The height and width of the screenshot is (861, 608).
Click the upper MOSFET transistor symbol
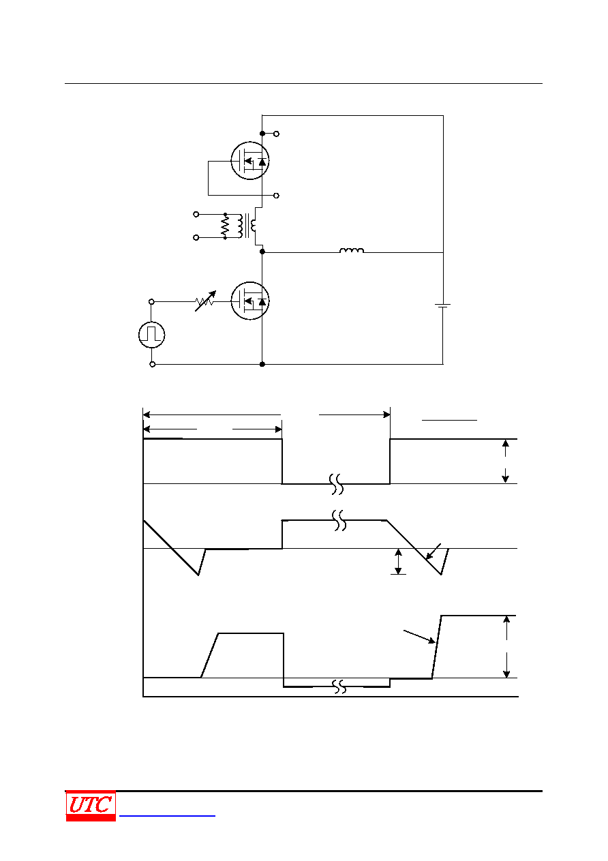pyautogui.click(x=249, y=160)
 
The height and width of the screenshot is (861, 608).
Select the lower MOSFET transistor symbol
pyautogui.click(x=249, y=301)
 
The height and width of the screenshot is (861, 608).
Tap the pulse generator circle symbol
pyautogui.click(x=152, y=335)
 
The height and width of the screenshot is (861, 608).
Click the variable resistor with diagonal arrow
pyautogui.click(x=206, y=301)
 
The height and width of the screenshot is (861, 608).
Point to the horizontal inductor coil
pyautogui.click(x=352, y=251)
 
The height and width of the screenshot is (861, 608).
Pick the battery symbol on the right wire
pyautogui.click(x=443, y=305)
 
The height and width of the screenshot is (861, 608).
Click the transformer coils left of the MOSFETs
pyautogui.click(x=246, y=226)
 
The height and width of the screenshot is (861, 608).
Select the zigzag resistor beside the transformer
pyautogui.click(x=225, y=226)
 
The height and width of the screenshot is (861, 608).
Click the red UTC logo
pyautogui.click(x=91, y=806)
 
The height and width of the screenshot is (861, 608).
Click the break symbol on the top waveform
pyautogui.click(x=336, y=484)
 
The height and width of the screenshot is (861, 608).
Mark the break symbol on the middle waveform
pyautogui.click(x=339, y=520)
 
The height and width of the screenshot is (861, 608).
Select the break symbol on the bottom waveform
pyautogui.click(x=339, y=686)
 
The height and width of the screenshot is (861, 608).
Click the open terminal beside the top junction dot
pyautogui.click(x=276, y=134)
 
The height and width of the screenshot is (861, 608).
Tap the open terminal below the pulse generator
pyautogui.click(x=152, y=365)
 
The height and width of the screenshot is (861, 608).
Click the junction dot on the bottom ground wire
pyautogui.click(x=262, y=365)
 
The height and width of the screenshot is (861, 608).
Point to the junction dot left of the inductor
pyautogui.click(x=262, y=252)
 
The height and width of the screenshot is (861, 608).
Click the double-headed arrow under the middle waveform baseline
pyautogui.click(x=398, y=562)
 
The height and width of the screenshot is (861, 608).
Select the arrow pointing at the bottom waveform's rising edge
pyautogui.click(x=419, y=637)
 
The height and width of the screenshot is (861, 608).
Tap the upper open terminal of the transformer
pyautogui.click(x=196, y=214)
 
